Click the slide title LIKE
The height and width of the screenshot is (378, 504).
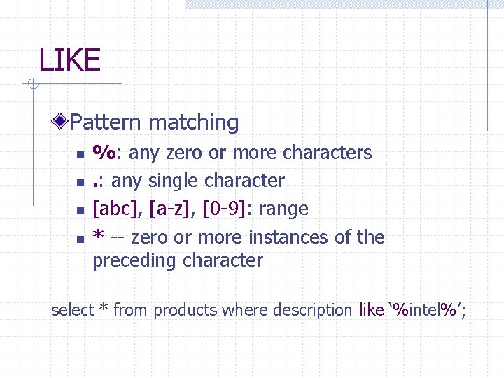point(70,60)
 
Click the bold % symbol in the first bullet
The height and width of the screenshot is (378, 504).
point(105,152)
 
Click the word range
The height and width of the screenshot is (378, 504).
point(283,209)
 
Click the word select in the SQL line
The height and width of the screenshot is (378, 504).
point(72,309)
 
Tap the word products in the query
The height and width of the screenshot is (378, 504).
point(183,310)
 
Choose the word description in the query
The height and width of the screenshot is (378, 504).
point(312,309)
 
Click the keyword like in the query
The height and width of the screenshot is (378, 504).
point(371,309)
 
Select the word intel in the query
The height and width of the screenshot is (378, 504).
point(426,309)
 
